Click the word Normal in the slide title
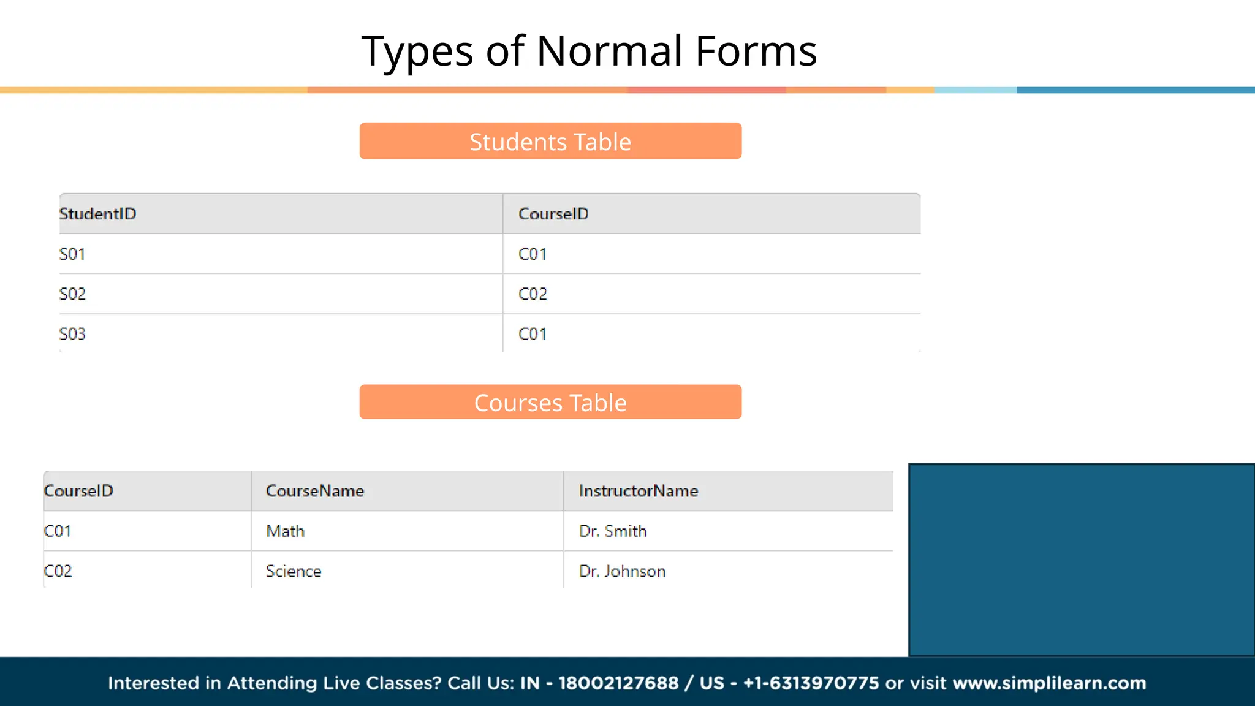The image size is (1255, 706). (x=609, y=51)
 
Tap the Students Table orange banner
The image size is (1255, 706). (x=550, y=142)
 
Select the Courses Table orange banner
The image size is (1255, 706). (x=550, y=403)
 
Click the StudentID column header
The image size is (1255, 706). (x=97, y=214)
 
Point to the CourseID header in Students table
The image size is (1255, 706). (x=553, y=214)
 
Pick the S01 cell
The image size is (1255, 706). (x=72, y=254)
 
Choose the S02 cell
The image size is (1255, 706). (x=72, y=294)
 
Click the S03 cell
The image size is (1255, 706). (x=72, y=334)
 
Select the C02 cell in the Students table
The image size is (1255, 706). (x=533, y=294)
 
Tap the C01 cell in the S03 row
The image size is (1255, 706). (x=533, y=334)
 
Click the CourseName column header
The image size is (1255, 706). (x=315, y=491)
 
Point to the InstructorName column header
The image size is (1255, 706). (x=639, y=491)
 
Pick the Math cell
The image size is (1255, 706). (x=285, y=531)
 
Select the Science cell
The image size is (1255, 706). (x=294, y=571)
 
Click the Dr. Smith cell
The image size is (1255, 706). (x=613, y=531)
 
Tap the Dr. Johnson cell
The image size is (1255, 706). (x=623, y=571)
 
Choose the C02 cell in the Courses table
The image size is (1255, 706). (x=58, y=571)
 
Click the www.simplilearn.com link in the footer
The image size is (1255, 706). (x=1049, y=683)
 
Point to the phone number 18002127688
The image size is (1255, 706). (x=618, y=683)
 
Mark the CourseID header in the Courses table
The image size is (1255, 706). (x=78, y=491)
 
